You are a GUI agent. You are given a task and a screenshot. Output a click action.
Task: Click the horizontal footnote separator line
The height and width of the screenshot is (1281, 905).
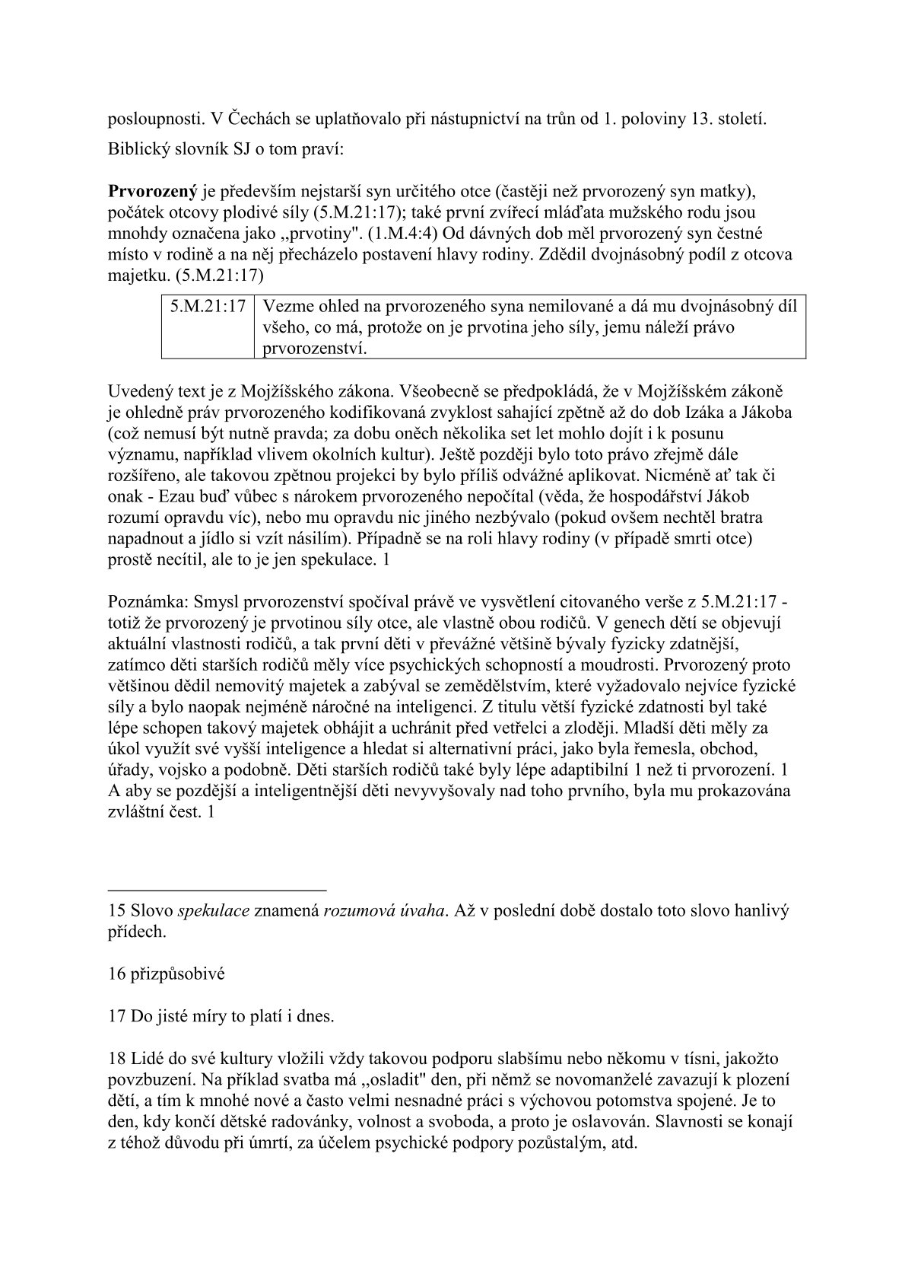(x=218, y=888)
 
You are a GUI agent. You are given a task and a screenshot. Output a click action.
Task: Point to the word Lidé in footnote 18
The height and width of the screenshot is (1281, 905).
(x=148, y=1058)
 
